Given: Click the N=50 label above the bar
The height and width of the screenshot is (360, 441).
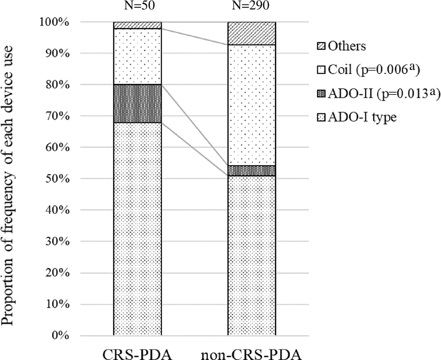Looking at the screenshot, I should (x=137, y=7).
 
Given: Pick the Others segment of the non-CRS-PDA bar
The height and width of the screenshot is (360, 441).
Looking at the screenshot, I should (x=251, y=33).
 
